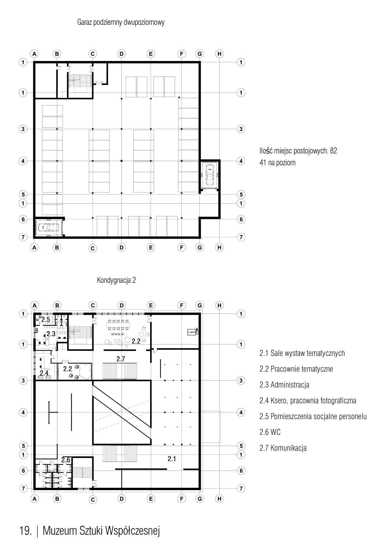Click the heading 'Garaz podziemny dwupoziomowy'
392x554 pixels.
[121, 22]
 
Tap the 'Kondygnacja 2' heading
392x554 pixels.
[116, 280]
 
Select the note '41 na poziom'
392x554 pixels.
[278, 163]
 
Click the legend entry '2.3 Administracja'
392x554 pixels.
[285, 385]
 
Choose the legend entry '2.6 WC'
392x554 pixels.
[270, 432]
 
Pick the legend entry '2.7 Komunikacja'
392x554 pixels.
[283, 448]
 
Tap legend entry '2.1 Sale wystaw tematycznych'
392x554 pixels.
[302, 353]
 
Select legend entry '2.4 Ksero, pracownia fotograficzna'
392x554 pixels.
[308, 401]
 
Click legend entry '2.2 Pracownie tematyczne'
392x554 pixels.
[296, 369]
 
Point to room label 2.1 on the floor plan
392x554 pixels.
[172, 459]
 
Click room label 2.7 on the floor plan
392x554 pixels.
[121, 359]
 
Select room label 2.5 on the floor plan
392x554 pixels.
[46, 320]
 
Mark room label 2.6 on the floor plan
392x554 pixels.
[66, 460]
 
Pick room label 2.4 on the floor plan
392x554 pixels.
[44, 373]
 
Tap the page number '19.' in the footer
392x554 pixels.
[26, 531]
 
